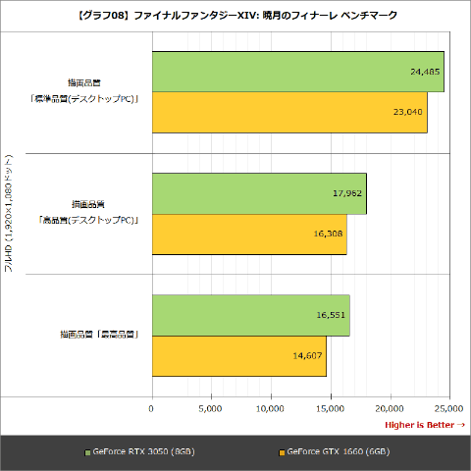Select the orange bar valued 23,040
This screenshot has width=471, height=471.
pyautogui.click(x=289, y=112)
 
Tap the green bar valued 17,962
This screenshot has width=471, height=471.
pyautogui.click(x=259, y=193)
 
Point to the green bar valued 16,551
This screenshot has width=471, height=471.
pyautogui.click(x=250, y=315)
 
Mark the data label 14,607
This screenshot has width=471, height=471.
pyautogui.click(x=307, y=355)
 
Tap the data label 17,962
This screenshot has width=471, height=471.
pyautogui.click(x=346, y=193)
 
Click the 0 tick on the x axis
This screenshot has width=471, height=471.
pyautogui.click(x=152, y=406)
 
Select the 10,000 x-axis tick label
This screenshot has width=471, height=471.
pyautogui.click(x=270, y=406)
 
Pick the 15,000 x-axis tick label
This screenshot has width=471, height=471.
pyautogui.click(x=330, y=406)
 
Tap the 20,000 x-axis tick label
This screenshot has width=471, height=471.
pyautogui.click(x=390, y=406)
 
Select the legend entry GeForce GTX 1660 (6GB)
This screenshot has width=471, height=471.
pyautogui.click(x=339, y=452)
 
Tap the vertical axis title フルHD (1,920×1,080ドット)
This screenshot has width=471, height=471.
pyautogui.click(x=9, y=215)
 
